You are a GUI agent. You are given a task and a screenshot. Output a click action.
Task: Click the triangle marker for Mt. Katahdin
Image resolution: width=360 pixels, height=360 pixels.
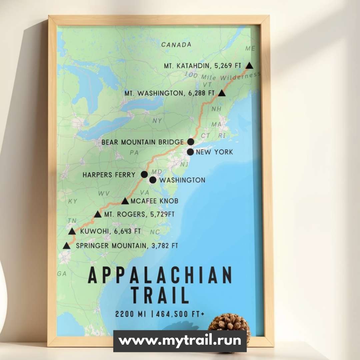(249, 65)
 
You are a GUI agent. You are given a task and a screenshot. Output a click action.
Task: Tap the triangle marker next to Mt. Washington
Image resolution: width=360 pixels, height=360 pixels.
(222, 93)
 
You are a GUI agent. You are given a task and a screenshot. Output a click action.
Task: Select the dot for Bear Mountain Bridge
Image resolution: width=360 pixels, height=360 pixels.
(191, 142)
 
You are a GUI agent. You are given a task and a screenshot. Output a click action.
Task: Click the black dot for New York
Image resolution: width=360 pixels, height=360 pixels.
(190, 152)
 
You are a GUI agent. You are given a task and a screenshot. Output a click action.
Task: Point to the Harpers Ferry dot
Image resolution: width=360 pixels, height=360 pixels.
(144, 174)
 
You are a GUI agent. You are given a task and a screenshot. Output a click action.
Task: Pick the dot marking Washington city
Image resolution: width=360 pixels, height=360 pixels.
(153, 180)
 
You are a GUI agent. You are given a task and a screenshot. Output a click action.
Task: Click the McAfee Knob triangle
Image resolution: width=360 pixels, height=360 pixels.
(125, 201)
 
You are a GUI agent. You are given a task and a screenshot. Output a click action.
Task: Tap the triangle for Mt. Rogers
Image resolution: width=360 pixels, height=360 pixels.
(98, 214)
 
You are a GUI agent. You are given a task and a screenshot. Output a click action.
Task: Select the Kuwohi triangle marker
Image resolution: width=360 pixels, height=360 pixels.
(72, 231)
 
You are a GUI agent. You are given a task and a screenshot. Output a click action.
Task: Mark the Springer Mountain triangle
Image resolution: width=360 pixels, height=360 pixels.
(67, 246)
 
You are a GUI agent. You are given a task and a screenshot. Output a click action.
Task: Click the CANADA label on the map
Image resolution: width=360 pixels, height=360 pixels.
(176, 45)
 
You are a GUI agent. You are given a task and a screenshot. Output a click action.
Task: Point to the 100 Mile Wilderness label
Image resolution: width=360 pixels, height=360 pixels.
(223, 76)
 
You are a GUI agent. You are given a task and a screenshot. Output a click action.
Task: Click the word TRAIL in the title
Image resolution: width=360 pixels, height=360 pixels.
(160, 295)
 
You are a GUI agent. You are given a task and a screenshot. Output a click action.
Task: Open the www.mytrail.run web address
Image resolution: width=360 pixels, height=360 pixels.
(180, 341)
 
